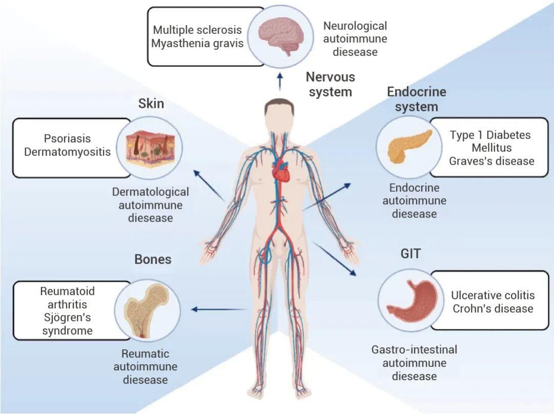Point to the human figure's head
pyautogui.click(x=280, y=113)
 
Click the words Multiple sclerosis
pyautogui.click(x=197, y=30)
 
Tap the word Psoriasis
pyautogui.click(x=67, y=139)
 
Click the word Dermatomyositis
pyautogui.click(x=67, y=152)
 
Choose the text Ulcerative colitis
pyautogui.click(x=492, y=295)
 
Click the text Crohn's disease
pyautogui.click(x=492, y=309)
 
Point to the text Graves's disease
pyautogui.click(x=491, y=161)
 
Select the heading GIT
pyautogui.click(x=411, y=254)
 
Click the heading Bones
pyautogui.click(x=152, y=259)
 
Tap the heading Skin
pyautogui.click(x=151, y=103)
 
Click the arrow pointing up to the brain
pyautogui.click(x=280, y=81)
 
